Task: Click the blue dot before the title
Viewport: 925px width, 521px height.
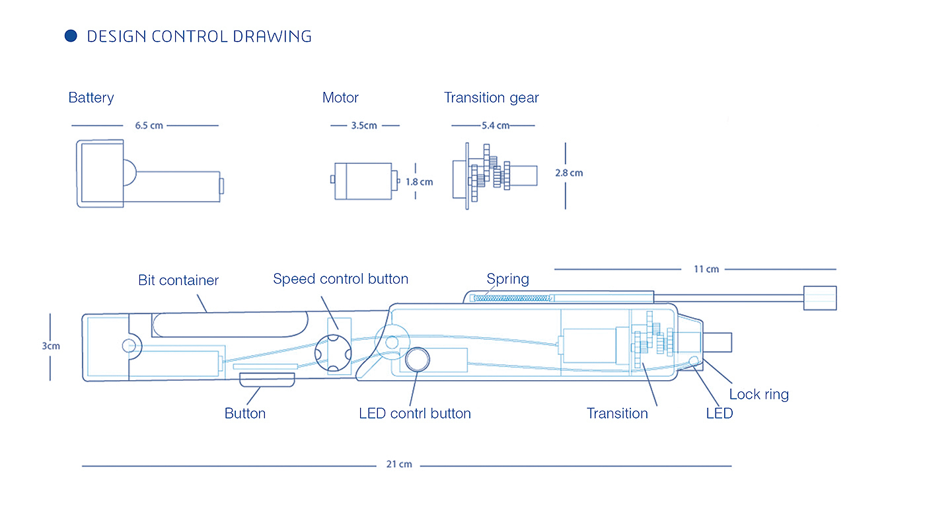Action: click(71, 36)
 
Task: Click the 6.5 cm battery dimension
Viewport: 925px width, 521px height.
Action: click(149, 126)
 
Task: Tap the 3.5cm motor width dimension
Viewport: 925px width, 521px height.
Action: click(364, 126)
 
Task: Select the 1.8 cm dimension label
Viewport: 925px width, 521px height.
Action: click(419, 182)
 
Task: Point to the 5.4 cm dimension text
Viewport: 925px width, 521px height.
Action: click(496, 126)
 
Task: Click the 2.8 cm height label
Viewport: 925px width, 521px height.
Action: click(569, 173)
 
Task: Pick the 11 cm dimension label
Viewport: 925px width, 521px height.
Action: click(706, 269)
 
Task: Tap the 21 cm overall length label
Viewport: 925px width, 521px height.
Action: click(399, 465)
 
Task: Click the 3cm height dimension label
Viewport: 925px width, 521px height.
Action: click(51, 346)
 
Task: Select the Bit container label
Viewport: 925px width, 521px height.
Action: click(178, 280)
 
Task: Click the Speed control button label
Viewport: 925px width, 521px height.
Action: click(340, 279)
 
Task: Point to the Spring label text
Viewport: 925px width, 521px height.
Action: click(507, 279)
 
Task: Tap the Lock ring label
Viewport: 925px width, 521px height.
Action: click(758, 395)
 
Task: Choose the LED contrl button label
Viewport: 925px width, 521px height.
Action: click(414, 414)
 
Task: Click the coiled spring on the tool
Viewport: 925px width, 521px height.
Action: click(512, 298)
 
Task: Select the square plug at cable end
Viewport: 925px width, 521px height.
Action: click(819, 298)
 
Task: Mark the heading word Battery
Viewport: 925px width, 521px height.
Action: click(91, 98)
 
